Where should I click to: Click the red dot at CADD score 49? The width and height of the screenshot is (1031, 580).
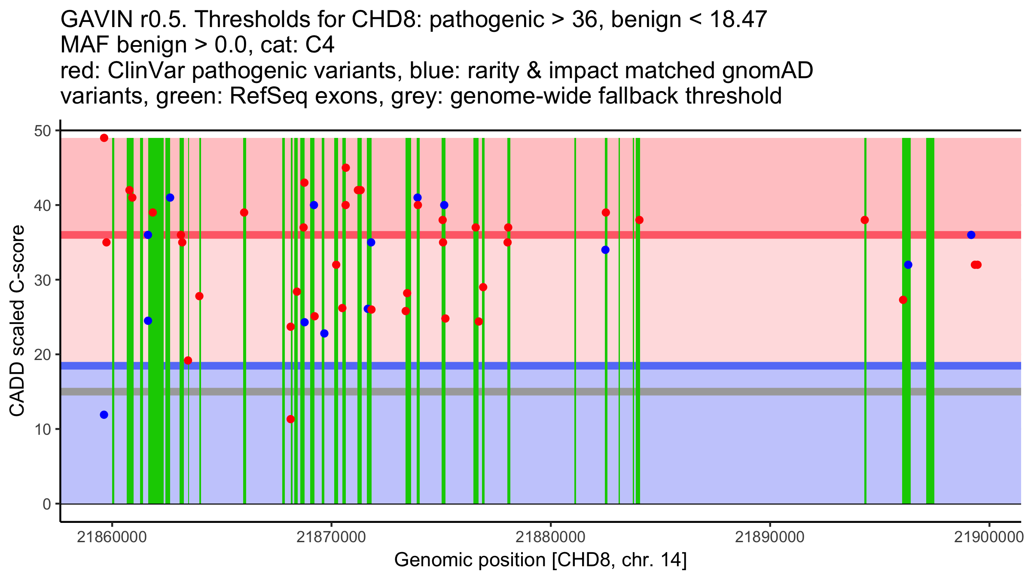click(x=104, y=138)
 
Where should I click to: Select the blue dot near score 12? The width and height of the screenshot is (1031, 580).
click(x=104, y=415)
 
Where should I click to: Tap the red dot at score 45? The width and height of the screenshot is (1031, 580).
click(x=346, y=168)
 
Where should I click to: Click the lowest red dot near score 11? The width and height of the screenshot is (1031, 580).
click(x=290, y=419)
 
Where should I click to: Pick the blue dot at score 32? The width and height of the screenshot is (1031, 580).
click(x=908, y=265)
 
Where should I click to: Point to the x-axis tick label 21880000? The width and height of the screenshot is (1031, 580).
click(x=550, y=537)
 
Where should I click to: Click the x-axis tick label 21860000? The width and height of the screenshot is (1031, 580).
click(x=112, y=537)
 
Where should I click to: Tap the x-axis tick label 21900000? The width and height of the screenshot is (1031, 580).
click(x=989, y=537)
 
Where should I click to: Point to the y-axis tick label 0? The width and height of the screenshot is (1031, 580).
click(x=47, y=504)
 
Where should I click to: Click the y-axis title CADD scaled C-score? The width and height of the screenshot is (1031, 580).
click(x=17, y=321)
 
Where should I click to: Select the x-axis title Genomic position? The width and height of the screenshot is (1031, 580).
click(x=540, y=560)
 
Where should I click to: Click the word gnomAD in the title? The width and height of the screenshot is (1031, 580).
click(x=767, y=70)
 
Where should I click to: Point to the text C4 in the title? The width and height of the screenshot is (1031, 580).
click(x=320, y=45)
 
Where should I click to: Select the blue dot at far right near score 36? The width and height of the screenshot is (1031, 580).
click(x=971, y=235)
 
